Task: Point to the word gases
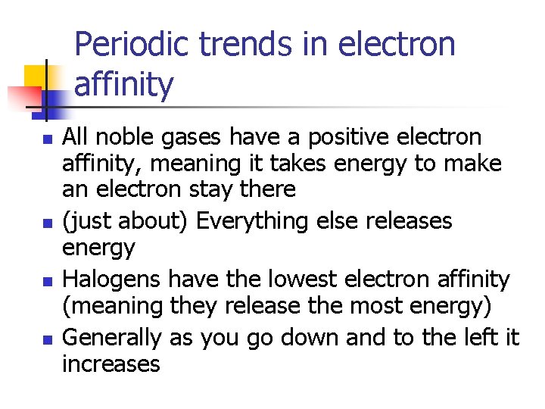189,137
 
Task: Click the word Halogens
111,279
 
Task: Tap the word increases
111,364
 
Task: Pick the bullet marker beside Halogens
47,282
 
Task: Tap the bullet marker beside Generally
47,340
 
